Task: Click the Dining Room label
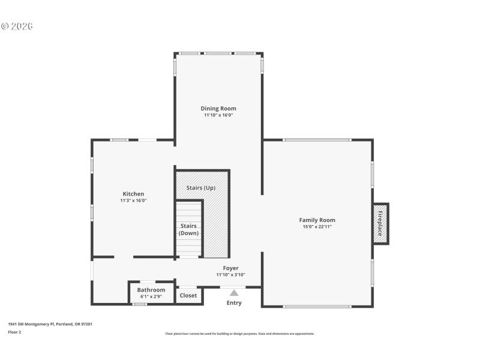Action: tap(218, 109)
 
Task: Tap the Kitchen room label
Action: tap(133, 194)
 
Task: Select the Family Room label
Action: tap(317, 220)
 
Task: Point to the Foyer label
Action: tap(230, 268)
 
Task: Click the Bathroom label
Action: tap(151, 290)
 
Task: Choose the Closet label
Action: tap(188, 295)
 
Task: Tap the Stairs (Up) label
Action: tap(200, 188)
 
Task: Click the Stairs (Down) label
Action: tap(189, 229)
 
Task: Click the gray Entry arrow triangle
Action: tap(234, 292)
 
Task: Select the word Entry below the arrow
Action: tap(234, 303)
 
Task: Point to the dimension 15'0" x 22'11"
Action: tap(317, 227)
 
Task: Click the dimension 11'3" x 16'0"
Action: tap(133, 200)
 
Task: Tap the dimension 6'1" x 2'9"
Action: tap(151, 296)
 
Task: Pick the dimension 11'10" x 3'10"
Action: tap(230, 275)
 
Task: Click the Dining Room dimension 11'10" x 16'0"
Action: tap(218, 115)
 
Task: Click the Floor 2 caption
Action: tap(14, 332)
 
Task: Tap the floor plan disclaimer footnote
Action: tap(239, 334)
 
